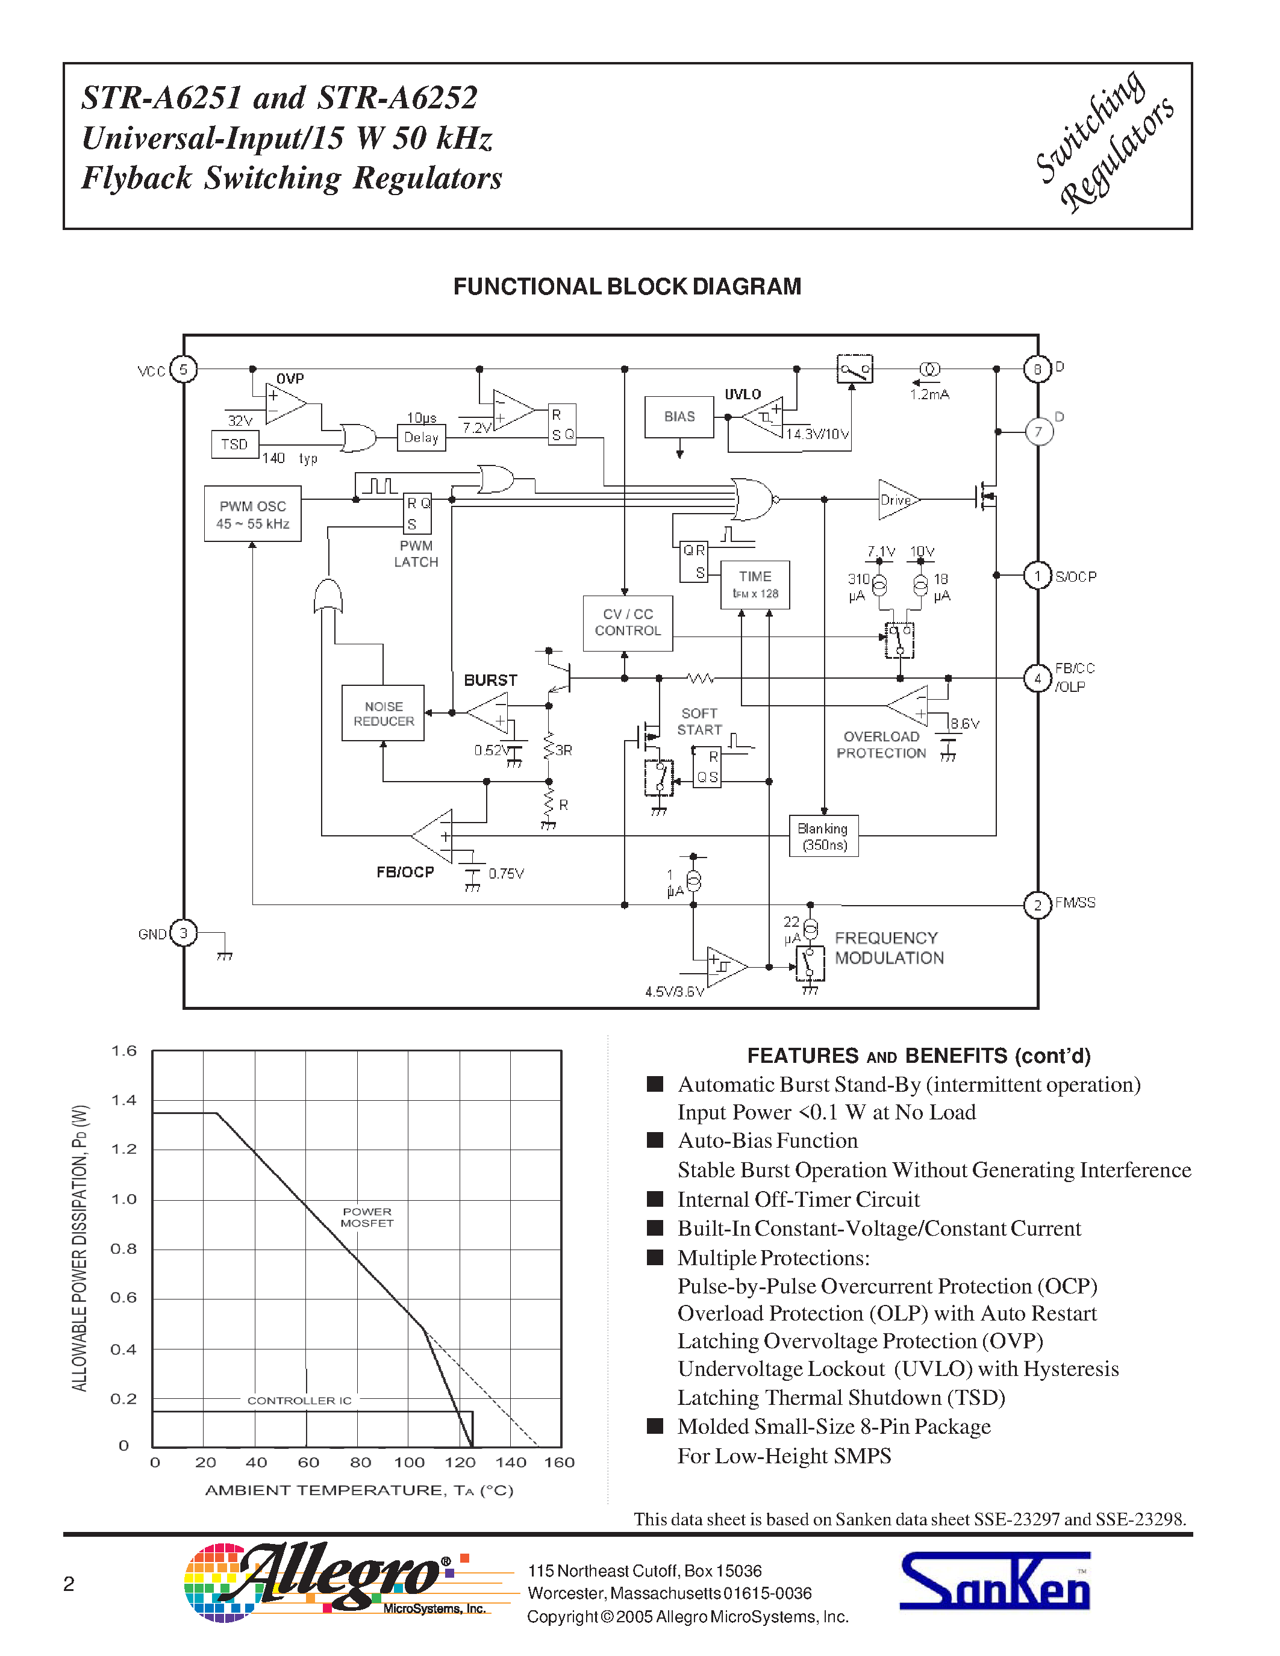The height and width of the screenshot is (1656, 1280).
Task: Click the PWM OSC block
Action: click(x=252, y=514)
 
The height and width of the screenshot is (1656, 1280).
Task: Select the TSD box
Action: click(x=235, y=444)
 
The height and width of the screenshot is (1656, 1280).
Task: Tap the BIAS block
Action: click(x=679, y=417)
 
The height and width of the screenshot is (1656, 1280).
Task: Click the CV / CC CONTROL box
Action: click(x=627, y=623)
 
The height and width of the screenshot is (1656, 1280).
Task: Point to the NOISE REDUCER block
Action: click(x=383, y=714)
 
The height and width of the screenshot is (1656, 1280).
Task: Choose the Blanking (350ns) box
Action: click(x=823, y=836)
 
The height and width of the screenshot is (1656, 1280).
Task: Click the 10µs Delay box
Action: click(x=421, y=438)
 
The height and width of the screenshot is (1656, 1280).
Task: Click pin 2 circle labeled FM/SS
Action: click(x=1037, y=905)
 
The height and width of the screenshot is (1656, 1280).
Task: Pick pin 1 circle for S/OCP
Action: click(x=1037, y=576)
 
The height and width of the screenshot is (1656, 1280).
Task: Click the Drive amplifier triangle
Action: click(x=896, y=500)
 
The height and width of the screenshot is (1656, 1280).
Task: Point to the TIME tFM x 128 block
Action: click(x=755, y=585)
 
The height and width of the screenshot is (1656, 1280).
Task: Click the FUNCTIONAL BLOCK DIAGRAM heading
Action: click(x=627, y=287)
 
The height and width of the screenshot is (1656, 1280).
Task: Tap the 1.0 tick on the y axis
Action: click(x=123, y=1200)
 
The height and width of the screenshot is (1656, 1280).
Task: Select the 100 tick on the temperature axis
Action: click(x=410, y=1463)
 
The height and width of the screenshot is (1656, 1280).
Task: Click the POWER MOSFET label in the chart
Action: click(x=367, y=1218)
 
